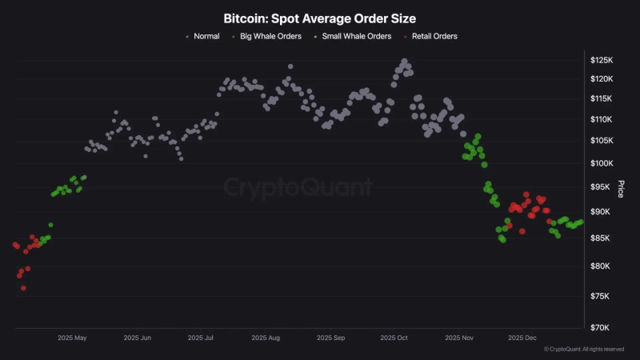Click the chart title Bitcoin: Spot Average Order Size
(x=320, y=17)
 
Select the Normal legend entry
(x=206, y=36)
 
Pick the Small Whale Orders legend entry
(x=356, y=36)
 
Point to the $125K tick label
(x=602, y=61)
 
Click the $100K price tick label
(x=602, y=163)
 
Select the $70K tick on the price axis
(x=601, y=328)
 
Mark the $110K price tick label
(x=602, y=119)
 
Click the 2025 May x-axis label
(x=72, y=338)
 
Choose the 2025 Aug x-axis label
(x=266, y=338)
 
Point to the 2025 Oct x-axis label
(x=394, y=338)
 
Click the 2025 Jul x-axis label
(x=202, y=338)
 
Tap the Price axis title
(x=620, y=189)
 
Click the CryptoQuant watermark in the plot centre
(x=298, y=188)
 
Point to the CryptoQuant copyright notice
(x=584, y=350)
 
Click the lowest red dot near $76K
(x=23, y=288)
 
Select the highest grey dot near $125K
(x=404, y=61)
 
